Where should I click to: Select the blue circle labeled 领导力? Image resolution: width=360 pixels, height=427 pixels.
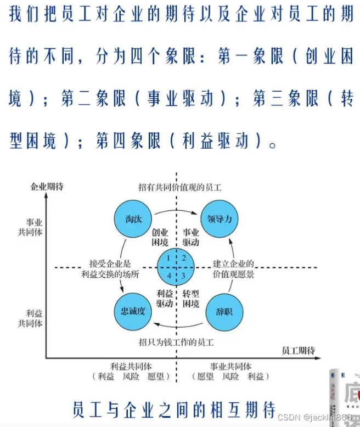click(220, 219)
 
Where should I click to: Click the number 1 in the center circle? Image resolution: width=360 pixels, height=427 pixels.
click(169, 258)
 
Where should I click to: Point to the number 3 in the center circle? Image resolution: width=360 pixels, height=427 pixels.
click(184, 276)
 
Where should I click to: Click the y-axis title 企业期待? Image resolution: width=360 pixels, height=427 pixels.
click(47, 187)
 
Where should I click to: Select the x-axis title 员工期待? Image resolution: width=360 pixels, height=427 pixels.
click(298, 350)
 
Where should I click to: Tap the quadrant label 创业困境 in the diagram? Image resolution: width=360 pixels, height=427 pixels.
click(160, 237)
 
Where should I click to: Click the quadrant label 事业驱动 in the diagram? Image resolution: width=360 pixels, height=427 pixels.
click(190, 237)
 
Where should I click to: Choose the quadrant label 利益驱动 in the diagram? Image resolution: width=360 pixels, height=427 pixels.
click(165, 298)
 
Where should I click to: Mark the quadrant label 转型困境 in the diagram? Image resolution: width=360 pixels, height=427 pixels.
click(190, 298)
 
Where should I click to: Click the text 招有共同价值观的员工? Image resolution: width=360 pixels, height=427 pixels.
click(179, 187)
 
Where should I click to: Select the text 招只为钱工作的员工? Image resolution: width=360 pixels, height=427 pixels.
click(176, 342)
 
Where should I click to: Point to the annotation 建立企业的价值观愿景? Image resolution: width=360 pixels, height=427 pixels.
click(234, 268)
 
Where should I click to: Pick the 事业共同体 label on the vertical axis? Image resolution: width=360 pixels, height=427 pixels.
click(31, 227)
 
